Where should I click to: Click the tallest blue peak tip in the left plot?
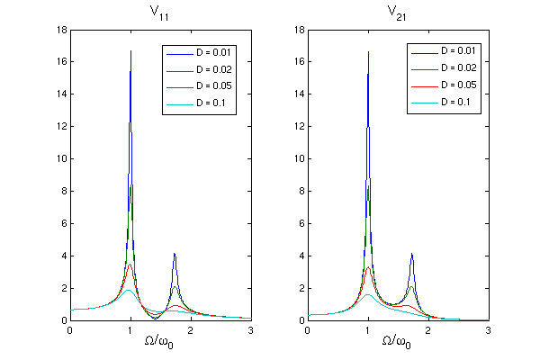[x=130, y=51]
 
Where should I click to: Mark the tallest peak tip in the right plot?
[x=368, y=51]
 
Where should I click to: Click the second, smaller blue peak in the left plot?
[x=174, y=255]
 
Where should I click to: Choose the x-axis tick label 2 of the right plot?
[x=427, y=330]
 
